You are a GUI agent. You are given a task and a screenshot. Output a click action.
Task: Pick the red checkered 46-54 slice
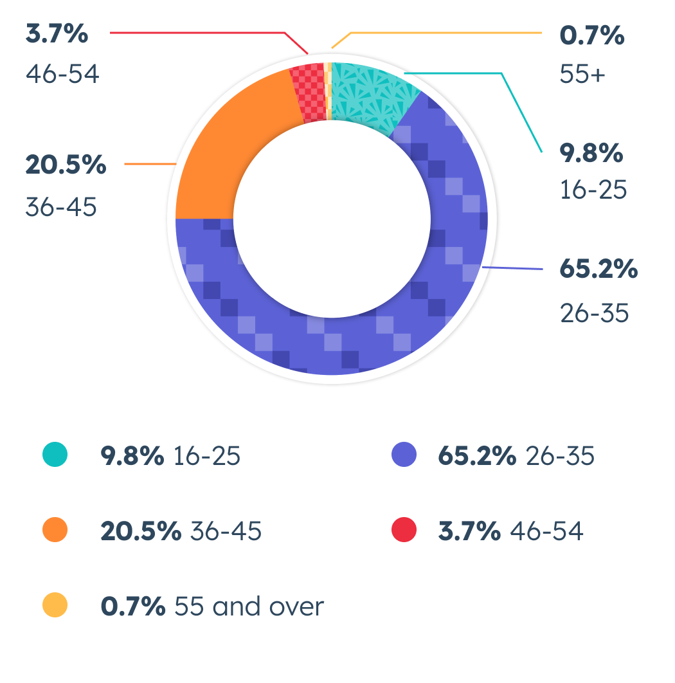tap(308, 93)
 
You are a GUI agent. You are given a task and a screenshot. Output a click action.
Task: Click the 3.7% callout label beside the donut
tap(57, 35)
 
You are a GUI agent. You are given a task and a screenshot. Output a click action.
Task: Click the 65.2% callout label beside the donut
tap(598, 269)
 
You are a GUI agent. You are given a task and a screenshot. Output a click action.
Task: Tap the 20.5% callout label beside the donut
tap(66, 165)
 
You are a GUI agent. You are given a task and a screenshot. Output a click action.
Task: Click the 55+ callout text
tap(582, 75)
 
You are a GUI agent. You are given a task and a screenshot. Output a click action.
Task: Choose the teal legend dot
tap(55, 455)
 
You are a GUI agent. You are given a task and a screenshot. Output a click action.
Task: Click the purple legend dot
tap(403, 455)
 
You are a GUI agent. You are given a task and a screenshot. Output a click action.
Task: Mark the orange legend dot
tap(55, 531)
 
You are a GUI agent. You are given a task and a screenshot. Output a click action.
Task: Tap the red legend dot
tap(403, 531)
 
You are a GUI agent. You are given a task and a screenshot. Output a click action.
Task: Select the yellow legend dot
tap(55, 606)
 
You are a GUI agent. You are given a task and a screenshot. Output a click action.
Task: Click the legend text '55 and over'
tap(249, 606)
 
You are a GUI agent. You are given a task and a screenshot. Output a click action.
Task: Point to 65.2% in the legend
tap(476, 456)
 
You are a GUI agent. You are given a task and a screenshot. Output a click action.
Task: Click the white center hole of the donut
tap(332, 219)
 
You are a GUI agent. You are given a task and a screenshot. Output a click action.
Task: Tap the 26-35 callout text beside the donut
tap(593, 314)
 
